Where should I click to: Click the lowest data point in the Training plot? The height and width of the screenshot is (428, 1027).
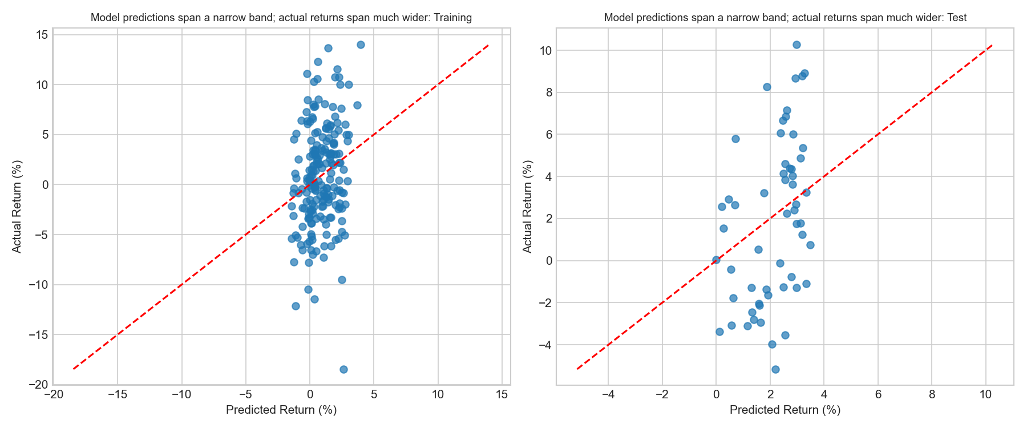[x=343, y=369]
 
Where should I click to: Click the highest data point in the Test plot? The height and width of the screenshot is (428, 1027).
[x=796, y=45]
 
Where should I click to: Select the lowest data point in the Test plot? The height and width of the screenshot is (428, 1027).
[x=775, y=369]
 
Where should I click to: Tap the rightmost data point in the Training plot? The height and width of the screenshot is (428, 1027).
[x=361, y=45]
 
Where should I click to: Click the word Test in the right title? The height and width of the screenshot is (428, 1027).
[x=956, y=18]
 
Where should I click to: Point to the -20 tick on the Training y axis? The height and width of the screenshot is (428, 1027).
[x=39, y=385]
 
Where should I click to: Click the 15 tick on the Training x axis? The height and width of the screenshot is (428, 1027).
[x=502, y=395]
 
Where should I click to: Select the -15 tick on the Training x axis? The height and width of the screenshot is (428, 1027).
[x=118, y=395]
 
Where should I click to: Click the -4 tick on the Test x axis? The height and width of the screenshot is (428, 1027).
[x=608, y=395]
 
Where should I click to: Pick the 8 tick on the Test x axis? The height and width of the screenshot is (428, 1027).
[x=932, y=395]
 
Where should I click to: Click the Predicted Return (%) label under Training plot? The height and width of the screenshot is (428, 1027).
[x=281, y=410]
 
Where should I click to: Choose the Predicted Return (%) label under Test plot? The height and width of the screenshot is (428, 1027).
[x=785, y=410]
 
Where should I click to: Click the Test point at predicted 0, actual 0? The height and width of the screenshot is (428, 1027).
[x=716, y=260]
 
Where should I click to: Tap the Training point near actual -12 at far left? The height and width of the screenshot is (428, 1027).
[x=296, y=306]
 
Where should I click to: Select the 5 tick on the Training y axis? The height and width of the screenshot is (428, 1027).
[x=43, y=135]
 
